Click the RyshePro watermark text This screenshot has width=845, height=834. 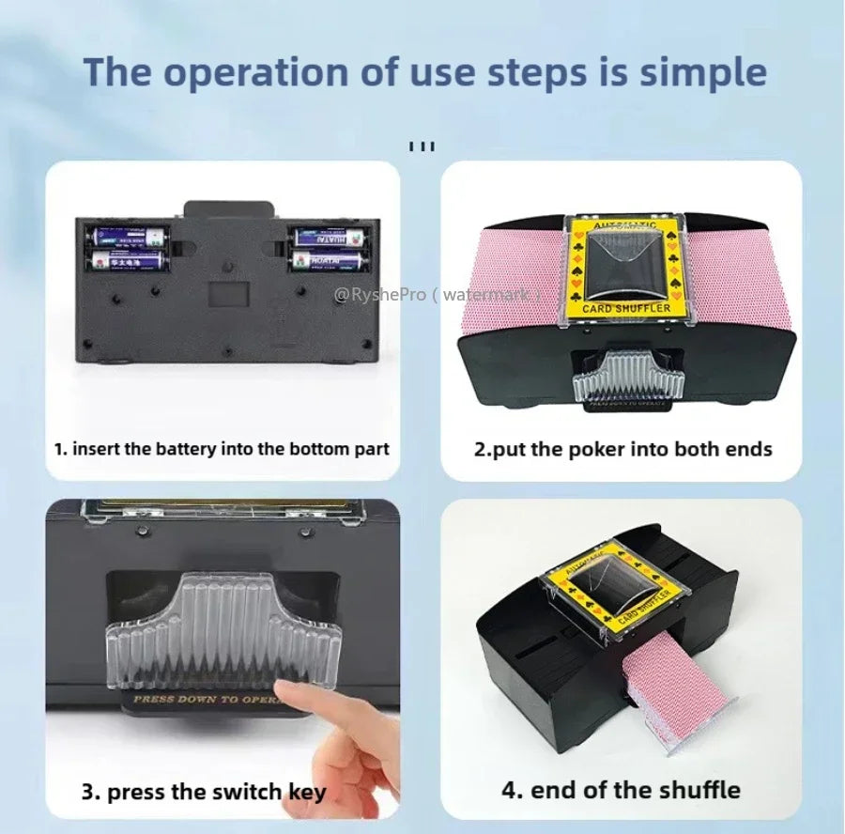click(x=437, y=295)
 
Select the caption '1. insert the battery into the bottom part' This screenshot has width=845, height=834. click(x=221, y=448)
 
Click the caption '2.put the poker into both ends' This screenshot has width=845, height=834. click(x=622, y=448)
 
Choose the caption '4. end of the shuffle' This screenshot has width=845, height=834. click(x=621, y=789)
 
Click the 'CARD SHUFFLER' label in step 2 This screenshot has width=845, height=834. click(x=626, y=307)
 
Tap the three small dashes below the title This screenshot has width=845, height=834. click(x=422, y=147)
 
